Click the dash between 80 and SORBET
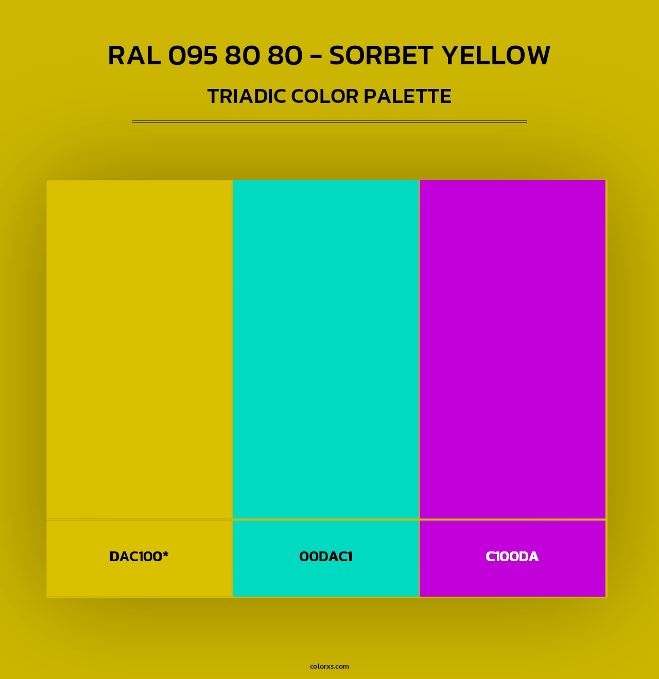tap(316, 57)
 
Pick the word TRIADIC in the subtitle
tap(247, 97)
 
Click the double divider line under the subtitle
tap(329, 121)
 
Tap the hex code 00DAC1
tap(326, 557)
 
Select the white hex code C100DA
tap(512, 557)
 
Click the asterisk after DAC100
tap(165, 554)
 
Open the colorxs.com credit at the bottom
tap(329, 666)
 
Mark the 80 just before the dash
tap(285, 56)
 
